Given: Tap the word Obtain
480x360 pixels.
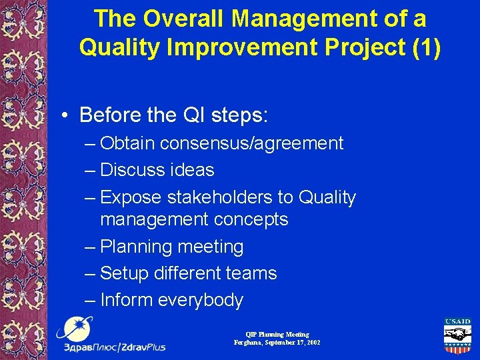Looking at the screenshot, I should [127, 143].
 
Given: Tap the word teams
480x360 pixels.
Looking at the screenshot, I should [251, 273].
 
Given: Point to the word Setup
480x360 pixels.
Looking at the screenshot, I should [125, 273].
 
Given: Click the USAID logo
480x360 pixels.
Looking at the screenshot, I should [457, 337].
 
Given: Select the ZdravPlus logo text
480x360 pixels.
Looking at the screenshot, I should [114, 347].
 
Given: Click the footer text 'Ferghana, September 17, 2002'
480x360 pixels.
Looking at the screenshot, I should [277, 343].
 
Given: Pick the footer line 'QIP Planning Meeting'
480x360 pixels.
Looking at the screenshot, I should [277, 335].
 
